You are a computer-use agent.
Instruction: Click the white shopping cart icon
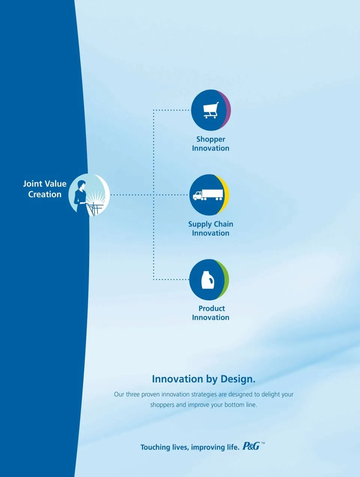tap(211, 110)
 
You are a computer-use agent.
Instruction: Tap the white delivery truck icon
tap(208, 195)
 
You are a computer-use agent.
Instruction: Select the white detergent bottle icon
tap(208, 280)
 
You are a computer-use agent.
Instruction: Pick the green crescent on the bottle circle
tap(225, 279)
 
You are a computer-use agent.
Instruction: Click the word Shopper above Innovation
tap(210, 139)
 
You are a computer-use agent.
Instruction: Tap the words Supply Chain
tap(210, 224)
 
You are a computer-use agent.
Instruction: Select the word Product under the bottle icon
tap(211, 308)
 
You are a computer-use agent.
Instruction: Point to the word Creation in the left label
tap(45, 194)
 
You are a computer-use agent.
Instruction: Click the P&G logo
tap(251, 446)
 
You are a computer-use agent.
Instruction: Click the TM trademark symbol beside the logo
tap(263, 442)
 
